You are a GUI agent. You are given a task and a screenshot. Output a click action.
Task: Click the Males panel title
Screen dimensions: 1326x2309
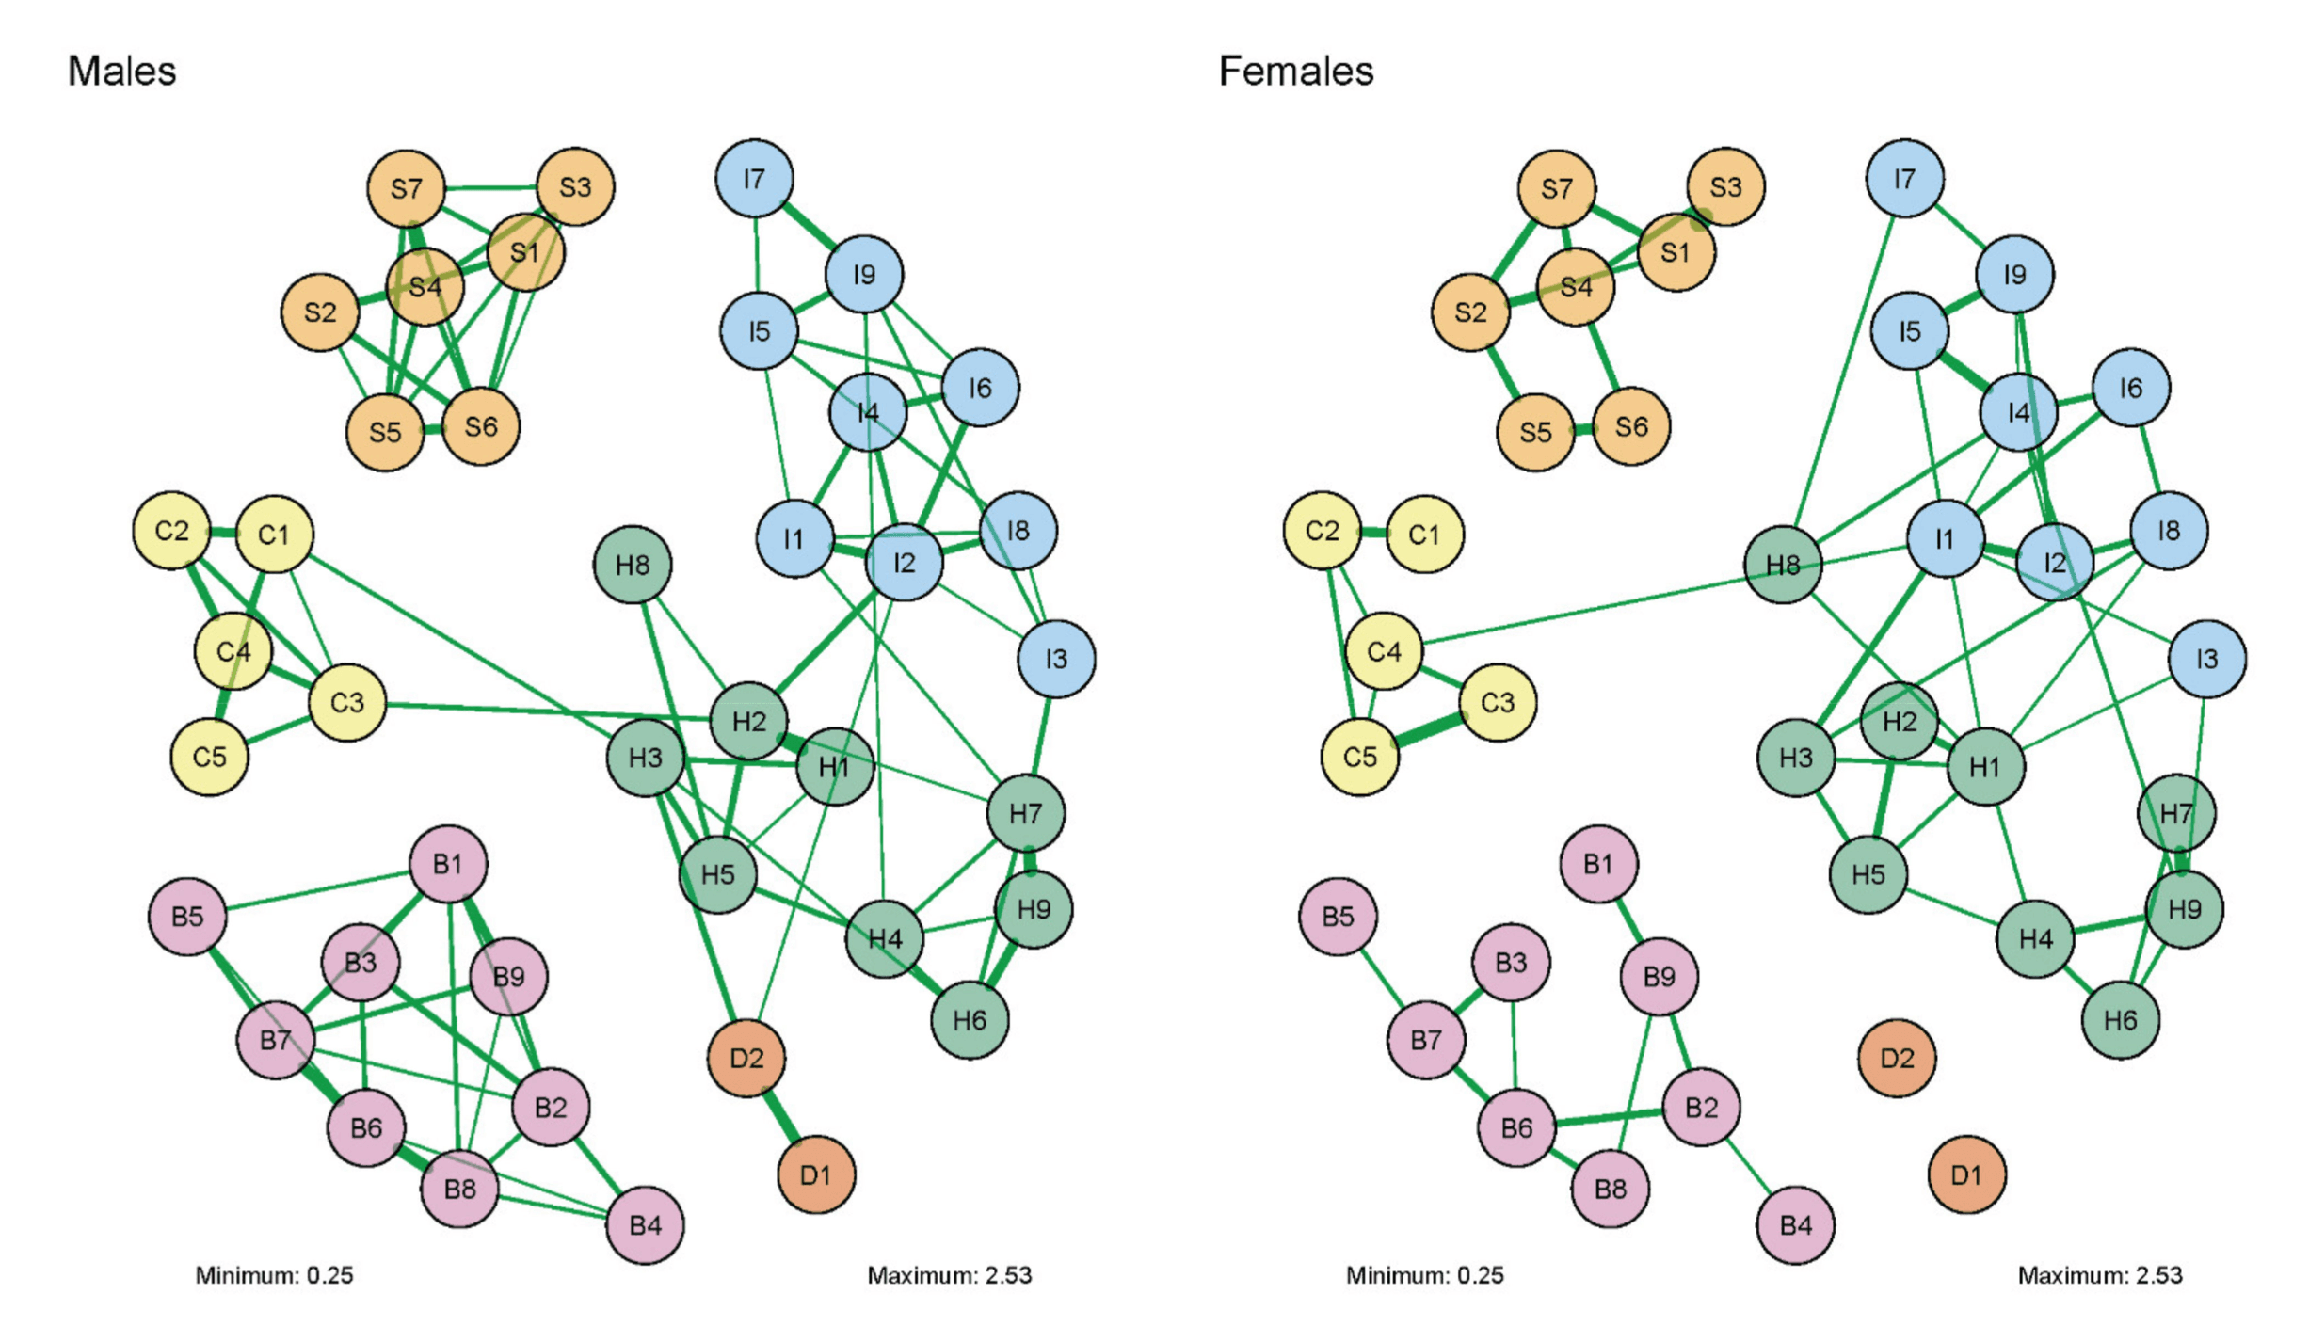[x=121, y=72]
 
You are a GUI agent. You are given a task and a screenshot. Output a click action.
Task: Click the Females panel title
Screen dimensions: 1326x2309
[x=1295, y=72]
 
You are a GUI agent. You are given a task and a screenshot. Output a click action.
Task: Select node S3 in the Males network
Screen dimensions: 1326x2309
[x=575, y=186]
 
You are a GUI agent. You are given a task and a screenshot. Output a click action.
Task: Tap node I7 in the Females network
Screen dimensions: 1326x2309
[x=1904, y=178]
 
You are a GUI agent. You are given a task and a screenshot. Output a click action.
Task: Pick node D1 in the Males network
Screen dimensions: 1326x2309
[x=816, y=1174]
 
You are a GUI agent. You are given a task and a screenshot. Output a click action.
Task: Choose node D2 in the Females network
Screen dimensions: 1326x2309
[x=1897, y=1058]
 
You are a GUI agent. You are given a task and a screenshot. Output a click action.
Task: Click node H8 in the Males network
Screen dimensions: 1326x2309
[x=633, y=565]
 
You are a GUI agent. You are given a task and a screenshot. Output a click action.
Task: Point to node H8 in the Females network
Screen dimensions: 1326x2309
[x=1783, y=565]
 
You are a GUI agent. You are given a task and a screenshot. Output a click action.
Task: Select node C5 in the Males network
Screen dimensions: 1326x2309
[x=209, y=757]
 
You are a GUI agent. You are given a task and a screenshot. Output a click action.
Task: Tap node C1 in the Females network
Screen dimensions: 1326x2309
[x=1424, y=535]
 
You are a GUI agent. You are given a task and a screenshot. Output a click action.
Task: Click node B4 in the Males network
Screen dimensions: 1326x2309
[x=645, y=1225]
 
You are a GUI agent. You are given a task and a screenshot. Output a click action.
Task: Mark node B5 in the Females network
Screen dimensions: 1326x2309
[x=1338, y=916]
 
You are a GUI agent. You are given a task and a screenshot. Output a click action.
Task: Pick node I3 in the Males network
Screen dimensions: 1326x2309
[x=1056, y=659]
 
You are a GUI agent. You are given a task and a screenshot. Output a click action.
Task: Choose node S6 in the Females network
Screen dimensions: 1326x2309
[x=1631, y=426]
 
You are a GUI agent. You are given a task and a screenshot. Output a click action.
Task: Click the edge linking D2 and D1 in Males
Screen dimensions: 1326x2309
[x=781, y=1116]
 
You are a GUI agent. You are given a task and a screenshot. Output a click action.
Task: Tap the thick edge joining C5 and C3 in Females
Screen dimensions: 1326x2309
[x=1429, y=730]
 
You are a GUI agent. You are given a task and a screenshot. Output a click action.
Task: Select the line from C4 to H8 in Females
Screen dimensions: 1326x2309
[x=1581, y=608]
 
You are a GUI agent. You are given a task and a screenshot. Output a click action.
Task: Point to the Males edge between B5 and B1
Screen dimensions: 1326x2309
[x=318, y=890]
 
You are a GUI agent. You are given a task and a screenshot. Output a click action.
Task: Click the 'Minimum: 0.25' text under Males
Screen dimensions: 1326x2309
[x=274, y=1275]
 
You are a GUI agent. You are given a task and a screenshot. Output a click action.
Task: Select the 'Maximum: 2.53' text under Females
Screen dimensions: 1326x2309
[x=2099, y=1275]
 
